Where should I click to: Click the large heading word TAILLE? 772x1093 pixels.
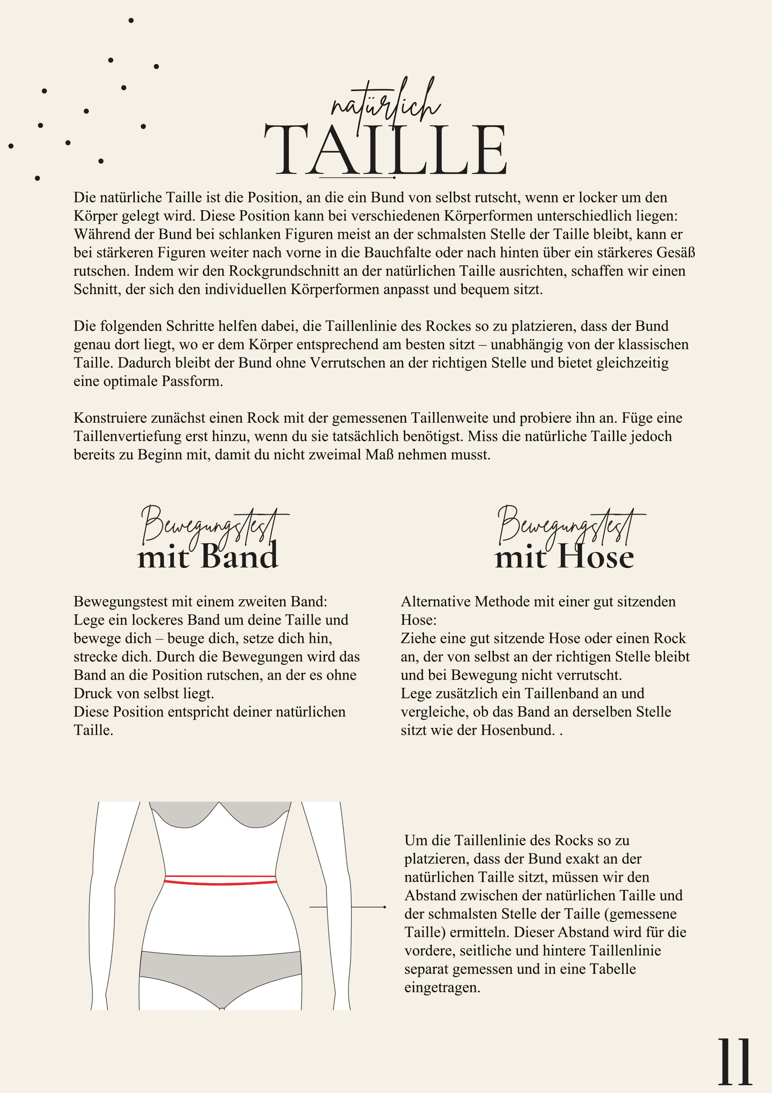[x=385, y=149]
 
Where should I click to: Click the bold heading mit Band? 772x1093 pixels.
[x=208, y=556]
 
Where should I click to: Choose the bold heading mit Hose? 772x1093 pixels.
[x=564, y=556]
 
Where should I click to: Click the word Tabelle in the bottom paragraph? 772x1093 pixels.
[x=612, y=969]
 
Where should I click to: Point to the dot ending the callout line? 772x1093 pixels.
[x=384, y=907]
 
